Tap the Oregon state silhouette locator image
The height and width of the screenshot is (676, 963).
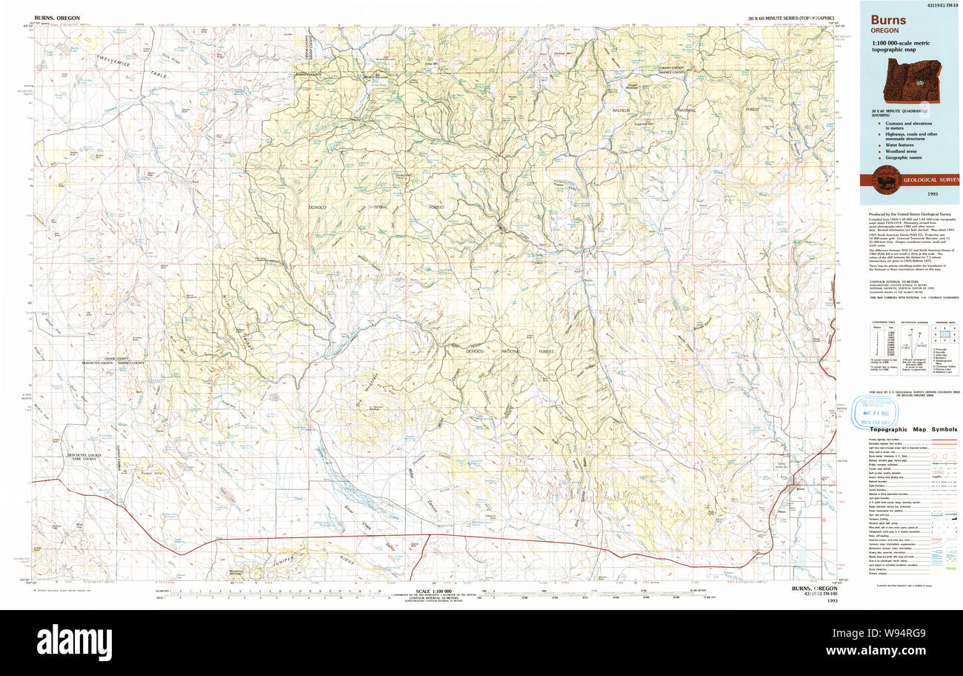(x=918, y=82)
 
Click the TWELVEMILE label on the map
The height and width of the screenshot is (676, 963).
(x=111, y=64)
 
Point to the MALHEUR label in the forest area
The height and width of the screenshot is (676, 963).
(x=620, y=110)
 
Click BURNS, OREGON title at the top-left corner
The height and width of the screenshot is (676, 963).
(x=57, y=17)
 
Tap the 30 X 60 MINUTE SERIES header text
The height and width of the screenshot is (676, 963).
(x=790, y=17)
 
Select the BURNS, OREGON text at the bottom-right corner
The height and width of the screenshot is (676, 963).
(x=814, y=589)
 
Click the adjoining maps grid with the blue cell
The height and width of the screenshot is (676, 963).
(x=944, y=334)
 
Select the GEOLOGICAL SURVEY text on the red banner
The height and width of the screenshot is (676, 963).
(x=926, y=179)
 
